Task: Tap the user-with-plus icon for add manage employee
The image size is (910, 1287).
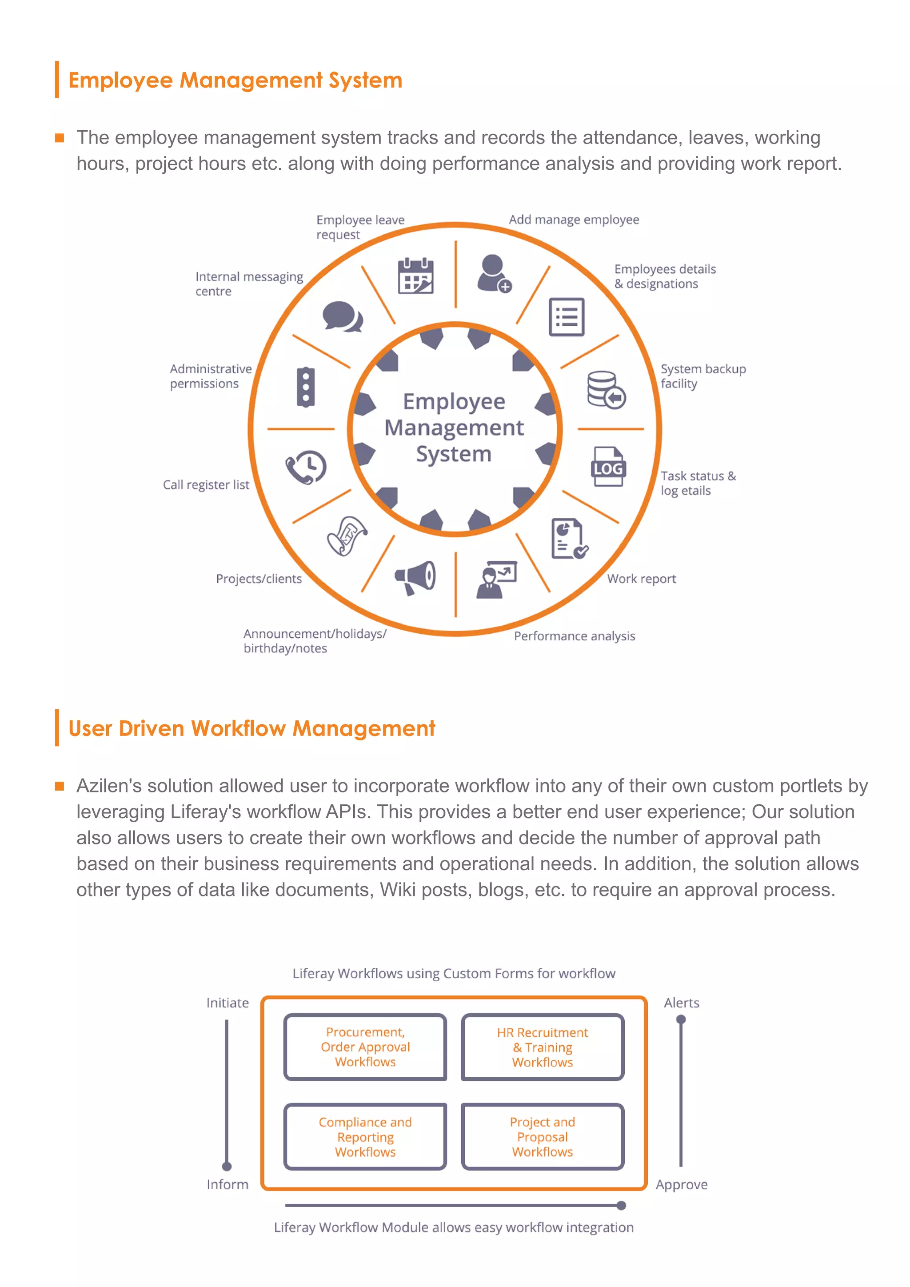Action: (x=493, y=274)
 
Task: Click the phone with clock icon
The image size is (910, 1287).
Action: (x=306, y=466)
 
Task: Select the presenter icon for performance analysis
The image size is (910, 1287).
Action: (x=496, y=580)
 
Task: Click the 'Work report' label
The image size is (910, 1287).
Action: (x=642, y=579)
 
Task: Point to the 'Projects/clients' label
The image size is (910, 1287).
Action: (x=259, y=579)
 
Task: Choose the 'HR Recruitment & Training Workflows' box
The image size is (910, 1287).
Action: (x=543, y=1047)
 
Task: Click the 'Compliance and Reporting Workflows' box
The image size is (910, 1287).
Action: (x=365, y=1137)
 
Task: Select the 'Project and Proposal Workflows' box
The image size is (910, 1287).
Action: (x=543, y=1137)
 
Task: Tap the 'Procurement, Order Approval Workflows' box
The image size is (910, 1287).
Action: (x=365, y=1047)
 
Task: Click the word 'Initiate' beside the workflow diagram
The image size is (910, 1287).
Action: (x=227, y=1003)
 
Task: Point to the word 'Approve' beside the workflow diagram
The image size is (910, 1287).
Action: (x=681, y=1184)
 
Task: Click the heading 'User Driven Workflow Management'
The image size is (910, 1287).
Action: (x=251, y=728)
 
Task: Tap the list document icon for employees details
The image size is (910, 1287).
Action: (x=567, y=317)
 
